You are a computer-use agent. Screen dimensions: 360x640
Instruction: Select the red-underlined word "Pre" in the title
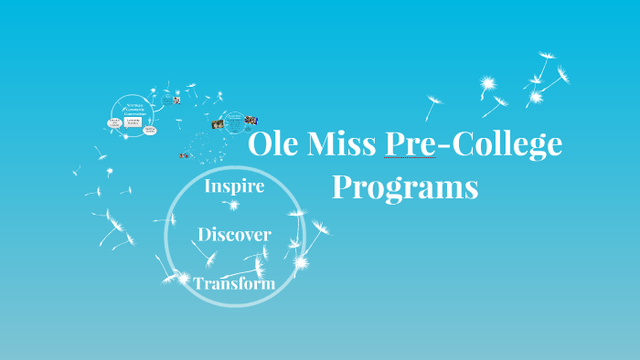click(x=411, y=146)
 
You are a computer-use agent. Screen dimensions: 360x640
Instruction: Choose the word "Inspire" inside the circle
click(x=234, y=186)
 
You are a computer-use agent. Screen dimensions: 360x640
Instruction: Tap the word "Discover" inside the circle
click(x=234, y=235)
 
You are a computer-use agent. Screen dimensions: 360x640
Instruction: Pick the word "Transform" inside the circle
click(x=234, y=283)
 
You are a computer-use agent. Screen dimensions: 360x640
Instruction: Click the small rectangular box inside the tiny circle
click(x=133, y=120)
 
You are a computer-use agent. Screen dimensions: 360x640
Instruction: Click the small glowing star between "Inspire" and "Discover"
click(x=233, y=206)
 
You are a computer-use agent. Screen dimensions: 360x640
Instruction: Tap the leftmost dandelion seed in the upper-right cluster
click(x=434, y=101)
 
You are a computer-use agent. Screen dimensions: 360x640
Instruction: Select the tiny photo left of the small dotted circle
click(x=218, y=123)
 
